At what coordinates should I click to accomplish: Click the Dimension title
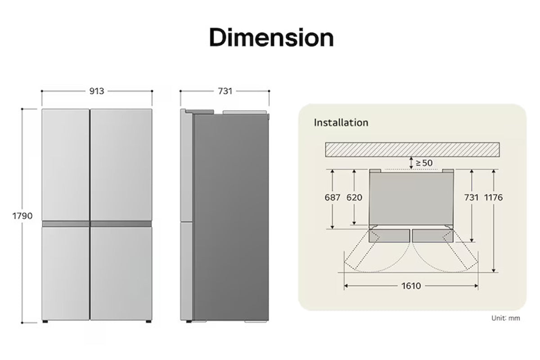point(271,37)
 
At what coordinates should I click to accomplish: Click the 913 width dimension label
point(97,91)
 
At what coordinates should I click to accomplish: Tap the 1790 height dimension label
point(22,216)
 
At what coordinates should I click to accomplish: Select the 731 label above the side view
point(225,91)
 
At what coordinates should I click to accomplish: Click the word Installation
point(341,123)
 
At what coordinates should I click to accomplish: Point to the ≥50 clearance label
point(424,163)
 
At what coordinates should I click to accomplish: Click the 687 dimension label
point(333,198)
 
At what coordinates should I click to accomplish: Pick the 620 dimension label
point(355,198)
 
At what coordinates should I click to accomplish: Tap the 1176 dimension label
point(494,198)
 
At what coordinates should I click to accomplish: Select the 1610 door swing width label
point(411,286)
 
